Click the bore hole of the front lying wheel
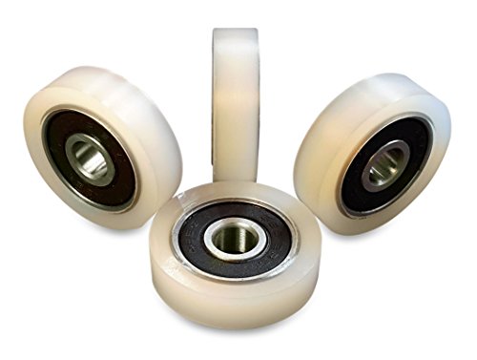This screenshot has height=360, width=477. (231, 239)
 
